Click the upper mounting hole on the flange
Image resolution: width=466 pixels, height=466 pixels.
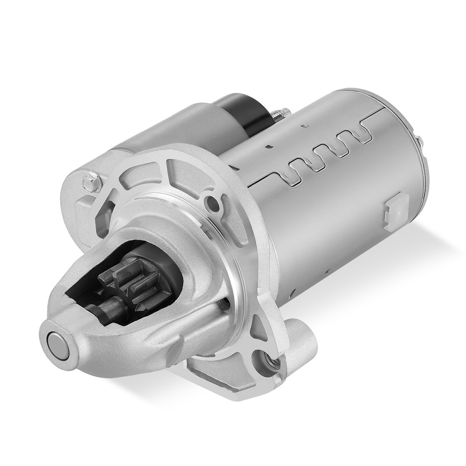[213, 203]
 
